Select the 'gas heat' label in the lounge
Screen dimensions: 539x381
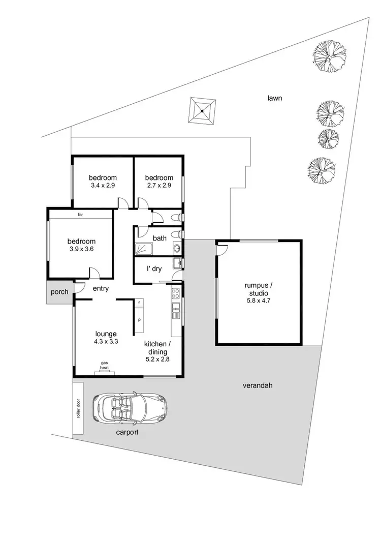click(x=105, y=365)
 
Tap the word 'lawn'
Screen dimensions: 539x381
click(x=275, y=98)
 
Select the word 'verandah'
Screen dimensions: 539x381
click(x=258, y=385)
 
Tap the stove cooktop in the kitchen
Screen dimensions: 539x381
click(x=176, y=293)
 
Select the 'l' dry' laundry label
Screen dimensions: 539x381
click(x=154, y=269)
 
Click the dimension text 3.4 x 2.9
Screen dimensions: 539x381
click(x=103, y=186)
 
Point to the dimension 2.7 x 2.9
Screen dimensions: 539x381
click(x=159, y=186)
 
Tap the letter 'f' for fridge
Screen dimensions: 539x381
click(x=139, y=304)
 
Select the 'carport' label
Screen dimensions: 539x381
click(x=126, y=432)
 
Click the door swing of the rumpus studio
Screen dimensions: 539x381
click(x=223, y=249)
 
